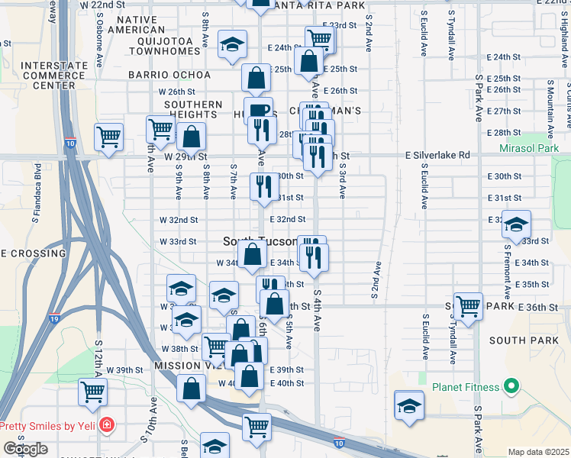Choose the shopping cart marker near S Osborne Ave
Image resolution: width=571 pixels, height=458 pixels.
tap(109, 137)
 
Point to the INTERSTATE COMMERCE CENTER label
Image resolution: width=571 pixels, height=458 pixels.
tap(53, 76)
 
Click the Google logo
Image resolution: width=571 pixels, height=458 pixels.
tap(25, 449)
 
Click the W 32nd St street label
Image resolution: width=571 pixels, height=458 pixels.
tap(178, 220)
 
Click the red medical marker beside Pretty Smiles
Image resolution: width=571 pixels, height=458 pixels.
tap(108, 424)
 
